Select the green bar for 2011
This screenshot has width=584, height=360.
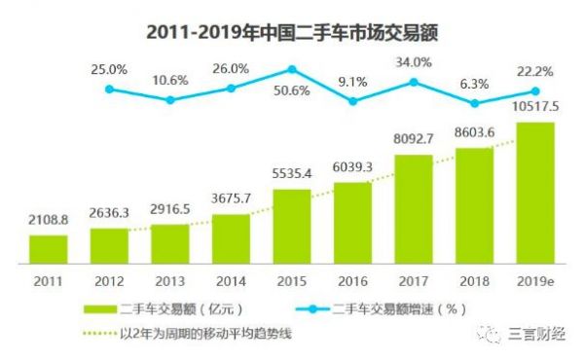point(48,250)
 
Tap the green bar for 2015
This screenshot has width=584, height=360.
point(292,227)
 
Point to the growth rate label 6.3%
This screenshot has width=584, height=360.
point(475,84)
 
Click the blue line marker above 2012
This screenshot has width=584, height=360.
point(109,89)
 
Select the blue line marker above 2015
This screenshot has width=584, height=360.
point(291,70)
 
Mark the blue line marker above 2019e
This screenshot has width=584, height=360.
point(535,93)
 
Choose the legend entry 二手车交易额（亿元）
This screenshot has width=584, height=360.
point(170,308)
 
